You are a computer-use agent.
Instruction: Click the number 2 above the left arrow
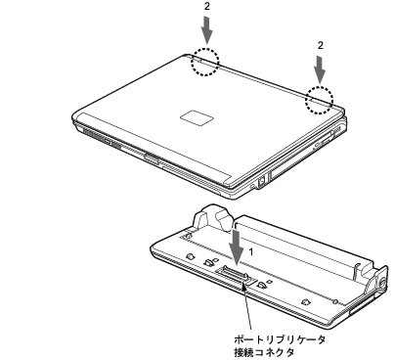click(x=207, y=7)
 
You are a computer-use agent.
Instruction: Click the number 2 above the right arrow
click(x=321, y=45)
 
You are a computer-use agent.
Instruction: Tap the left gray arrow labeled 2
click(x=207, y=30)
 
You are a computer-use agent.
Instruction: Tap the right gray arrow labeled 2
click(x=321, y=69)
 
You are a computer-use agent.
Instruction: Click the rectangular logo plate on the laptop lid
click(x=197, y=117)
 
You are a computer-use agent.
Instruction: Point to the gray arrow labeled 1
click(x=236, y=247)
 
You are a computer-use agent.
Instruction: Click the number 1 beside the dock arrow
click(x=251, y=251)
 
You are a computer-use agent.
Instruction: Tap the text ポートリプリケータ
click(x=280, y=339)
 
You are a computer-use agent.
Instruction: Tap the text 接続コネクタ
click(x=264, y=352)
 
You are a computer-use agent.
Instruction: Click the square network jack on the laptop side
click(x=262, y=181)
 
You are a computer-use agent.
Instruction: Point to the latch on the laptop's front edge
click(x=152, y=159)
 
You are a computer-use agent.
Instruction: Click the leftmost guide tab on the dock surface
click(x=190, y=256)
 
